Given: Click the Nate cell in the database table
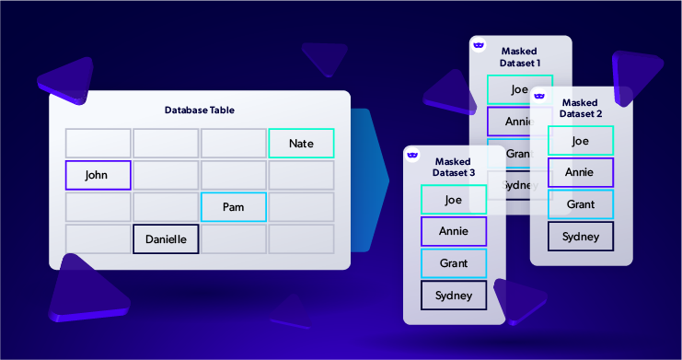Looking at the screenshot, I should (301, 143).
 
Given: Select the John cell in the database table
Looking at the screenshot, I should (98, 175).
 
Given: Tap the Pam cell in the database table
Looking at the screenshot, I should (234, 207).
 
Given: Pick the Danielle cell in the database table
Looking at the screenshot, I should (166, 239).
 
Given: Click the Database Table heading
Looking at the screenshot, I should (200, 110).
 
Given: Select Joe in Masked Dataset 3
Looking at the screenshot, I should (453, 199).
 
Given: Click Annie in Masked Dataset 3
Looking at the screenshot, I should (453, 231).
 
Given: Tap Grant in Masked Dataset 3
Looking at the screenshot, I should (453, 263).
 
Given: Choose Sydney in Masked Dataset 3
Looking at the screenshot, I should (453, 296).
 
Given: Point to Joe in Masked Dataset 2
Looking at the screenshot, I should (580, 141).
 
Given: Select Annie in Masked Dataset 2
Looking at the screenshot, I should (580, 172).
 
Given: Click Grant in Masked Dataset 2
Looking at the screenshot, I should (580, 204).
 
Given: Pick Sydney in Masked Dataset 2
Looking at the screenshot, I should (580, 236).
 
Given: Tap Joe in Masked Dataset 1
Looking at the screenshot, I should (520, 89).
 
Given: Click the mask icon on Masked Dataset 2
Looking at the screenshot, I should (539, 96).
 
